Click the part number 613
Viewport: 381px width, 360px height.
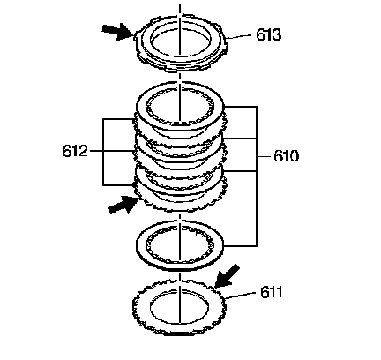(269, 34)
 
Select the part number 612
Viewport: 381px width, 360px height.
(75, 151)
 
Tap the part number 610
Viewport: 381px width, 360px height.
(286, 155)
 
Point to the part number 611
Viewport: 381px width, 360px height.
(271, 292)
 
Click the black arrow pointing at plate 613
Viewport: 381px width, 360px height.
(117, 32)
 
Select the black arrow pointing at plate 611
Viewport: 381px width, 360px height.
(227, 276)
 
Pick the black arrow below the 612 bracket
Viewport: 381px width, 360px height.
(123, 204)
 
